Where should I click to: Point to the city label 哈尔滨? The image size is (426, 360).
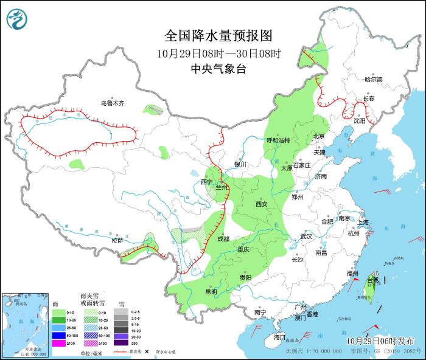click(373, 80)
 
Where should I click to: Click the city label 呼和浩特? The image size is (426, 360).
click(278, 140)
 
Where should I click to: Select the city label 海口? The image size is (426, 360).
click(279, 337)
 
